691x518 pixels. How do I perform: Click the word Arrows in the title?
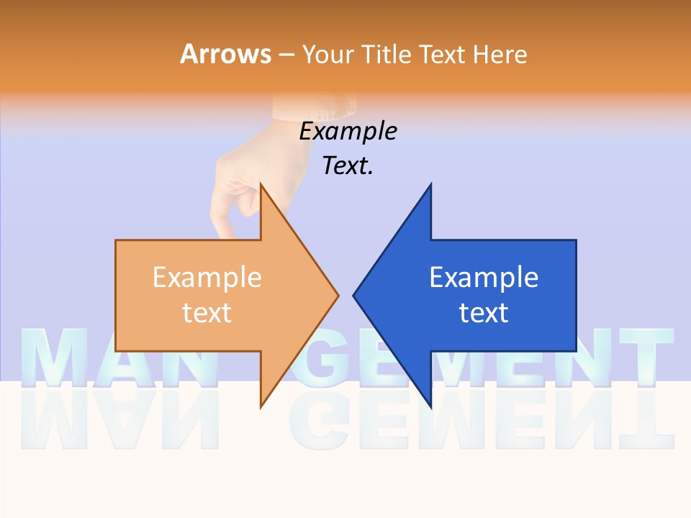[225, 54]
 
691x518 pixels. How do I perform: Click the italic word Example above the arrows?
[348, 132]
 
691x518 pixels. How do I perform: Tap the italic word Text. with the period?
[348, 166]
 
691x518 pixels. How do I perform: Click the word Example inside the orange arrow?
[207, 278]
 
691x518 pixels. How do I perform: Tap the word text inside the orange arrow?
[207, 313]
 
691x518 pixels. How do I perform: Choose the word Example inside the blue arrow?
[484, 278]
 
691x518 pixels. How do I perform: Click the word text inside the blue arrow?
[484, 313]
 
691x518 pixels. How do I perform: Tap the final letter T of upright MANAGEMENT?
[644, 356]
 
